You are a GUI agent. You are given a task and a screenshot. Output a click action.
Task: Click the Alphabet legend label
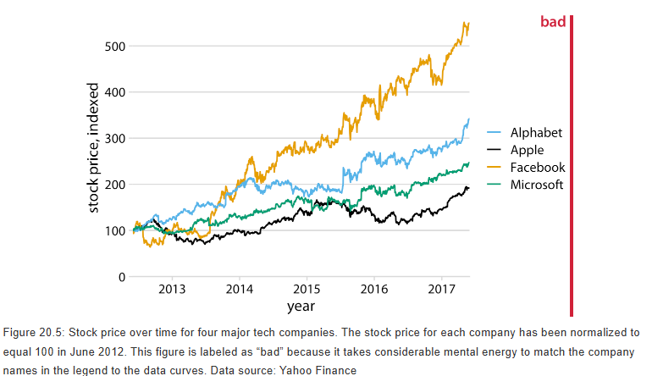click(x=536, y=133)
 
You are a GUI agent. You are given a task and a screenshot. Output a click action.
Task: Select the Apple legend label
click(x=527, y=151)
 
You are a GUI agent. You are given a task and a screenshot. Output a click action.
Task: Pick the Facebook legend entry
click(x=537, y=168)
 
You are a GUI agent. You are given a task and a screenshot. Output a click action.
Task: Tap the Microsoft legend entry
click(x=536, y=185)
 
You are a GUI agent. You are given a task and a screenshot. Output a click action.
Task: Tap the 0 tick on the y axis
click(x=122, y=277)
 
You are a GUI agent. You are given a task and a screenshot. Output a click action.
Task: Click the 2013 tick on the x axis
click(x=172, y=290)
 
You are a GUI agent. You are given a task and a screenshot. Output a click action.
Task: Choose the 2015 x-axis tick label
click(x=307, y=290)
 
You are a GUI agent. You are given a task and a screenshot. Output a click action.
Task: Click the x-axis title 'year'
click(x=301, y=306)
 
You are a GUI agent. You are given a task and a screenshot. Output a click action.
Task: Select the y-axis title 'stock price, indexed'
click(x=95, y=149)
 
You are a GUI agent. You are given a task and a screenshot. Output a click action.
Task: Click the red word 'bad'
click(x=553, y=22)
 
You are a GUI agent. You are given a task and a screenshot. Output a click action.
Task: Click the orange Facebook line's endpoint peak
click(x=466, y=25)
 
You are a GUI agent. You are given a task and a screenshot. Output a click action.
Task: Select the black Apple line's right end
click(x=467, y=187)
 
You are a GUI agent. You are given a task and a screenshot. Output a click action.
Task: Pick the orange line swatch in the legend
click(x=495, y=168)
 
